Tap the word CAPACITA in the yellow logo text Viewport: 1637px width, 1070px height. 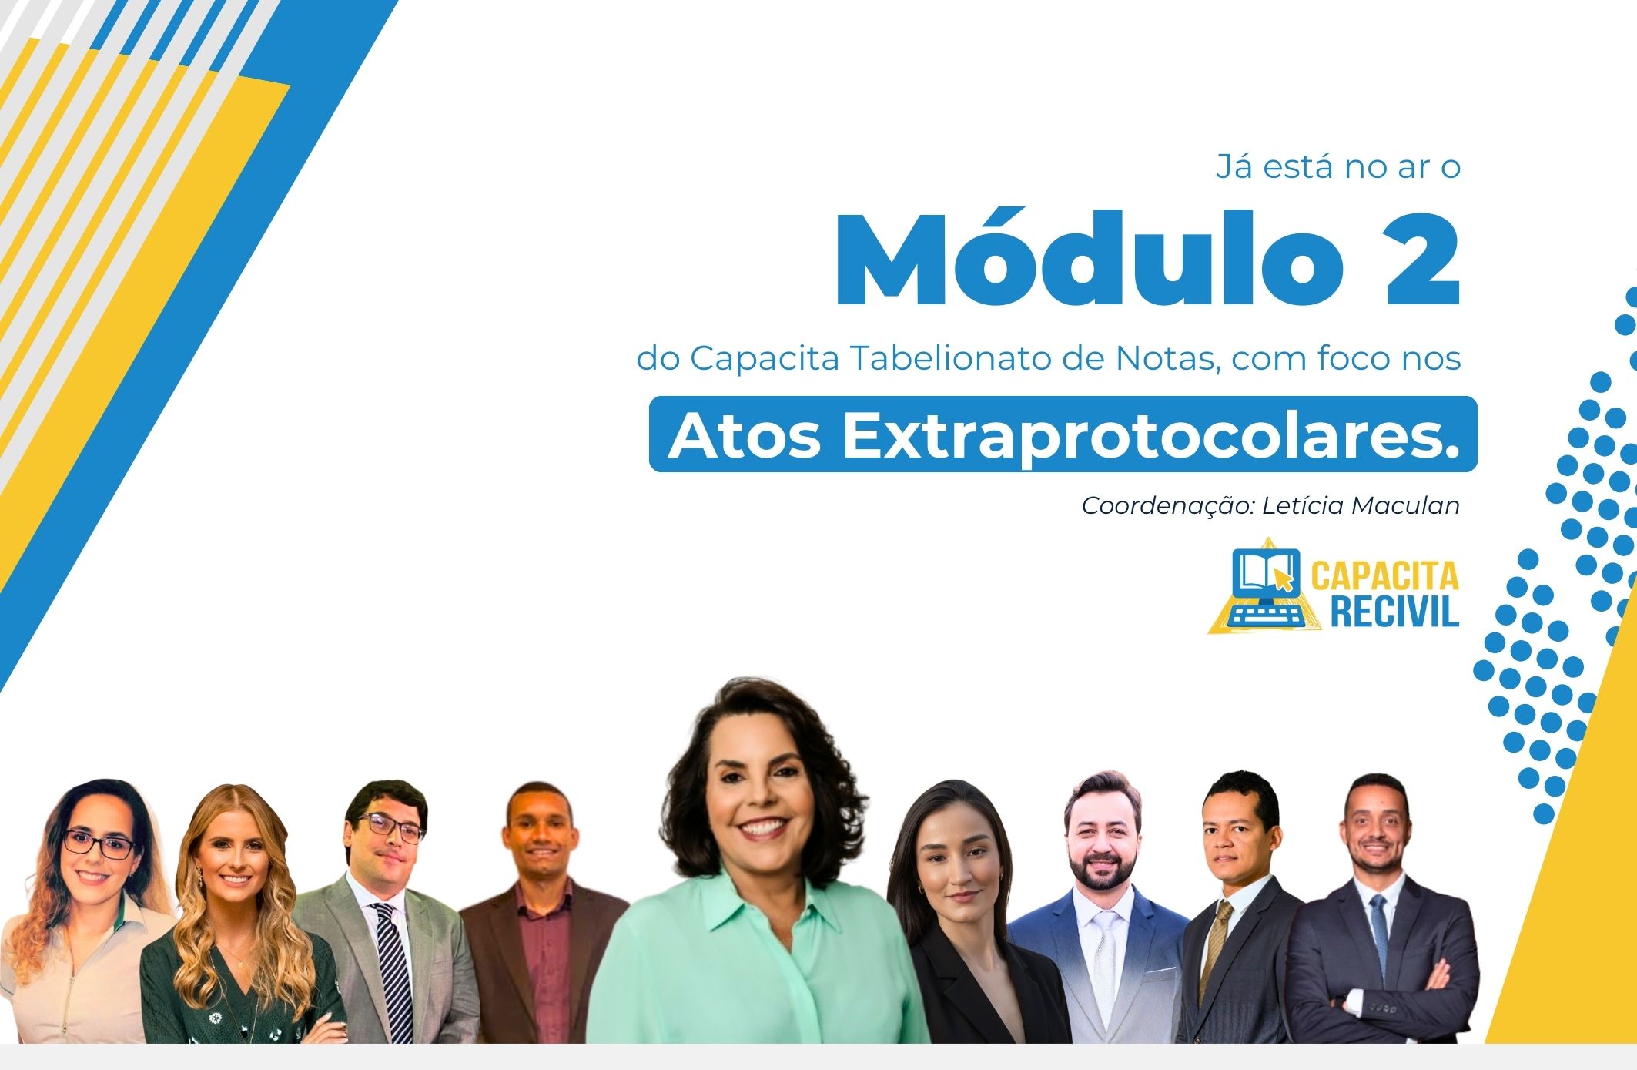1384,575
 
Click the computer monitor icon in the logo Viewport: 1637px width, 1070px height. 1265,586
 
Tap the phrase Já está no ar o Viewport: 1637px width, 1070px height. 1338,166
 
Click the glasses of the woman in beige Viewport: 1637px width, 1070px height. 99,844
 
